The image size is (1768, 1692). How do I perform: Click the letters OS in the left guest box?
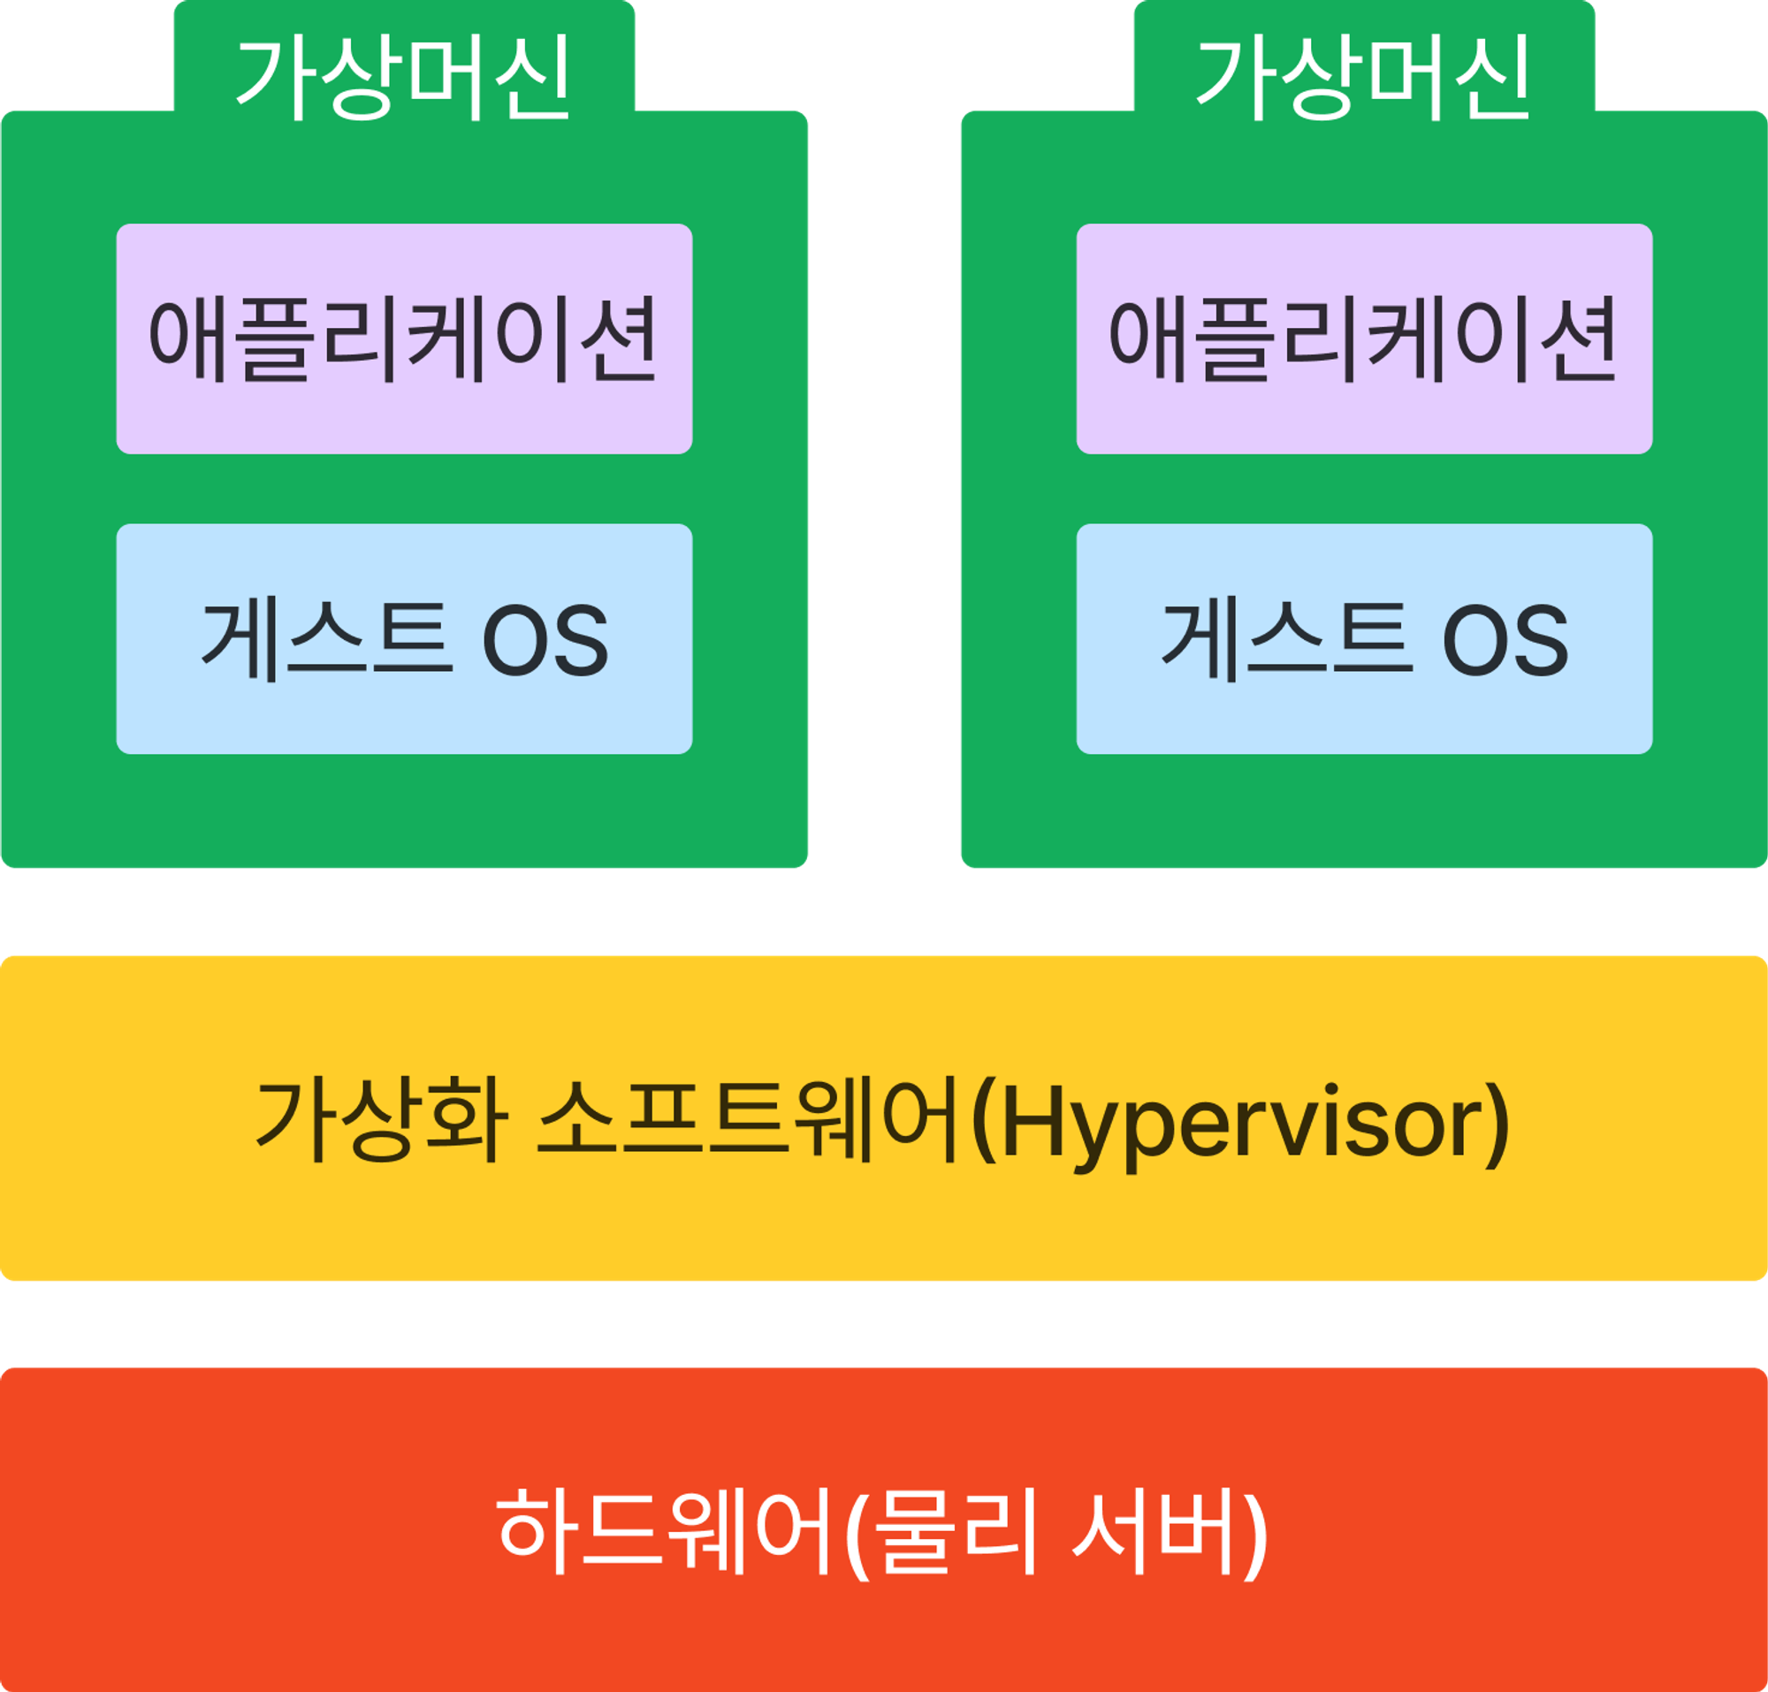545,640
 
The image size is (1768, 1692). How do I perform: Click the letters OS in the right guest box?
1505,640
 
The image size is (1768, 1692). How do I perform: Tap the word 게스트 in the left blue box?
325,640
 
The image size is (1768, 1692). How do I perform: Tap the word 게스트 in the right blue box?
1285,640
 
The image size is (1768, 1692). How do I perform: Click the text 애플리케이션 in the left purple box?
403,339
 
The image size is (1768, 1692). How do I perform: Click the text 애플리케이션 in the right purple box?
1363,339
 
